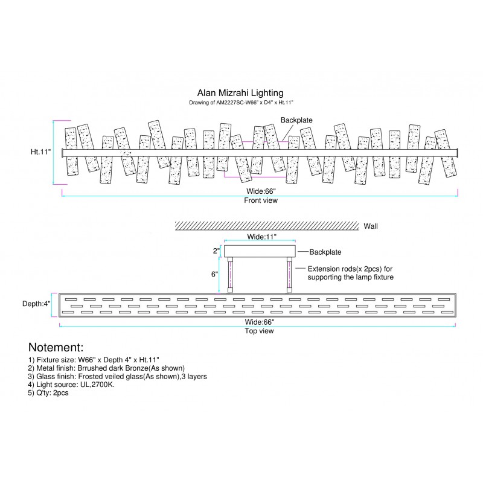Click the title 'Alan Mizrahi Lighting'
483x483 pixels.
pos(240,93)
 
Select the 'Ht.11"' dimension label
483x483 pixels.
pos(40,152)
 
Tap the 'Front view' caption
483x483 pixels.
pos(261,200)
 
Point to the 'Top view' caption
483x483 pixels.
pos(258,331)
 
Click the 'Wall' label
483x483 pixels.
pos(371,226)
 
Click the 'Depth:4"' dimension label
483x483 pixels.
pos(37,304)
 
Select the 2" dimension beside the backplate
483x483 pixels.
pos(216,251)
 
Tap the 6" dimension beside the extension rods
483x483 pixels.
pos(214,274)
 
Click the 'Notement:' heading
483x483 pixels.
pos(56,348)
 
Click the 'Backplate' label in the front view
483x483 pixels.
pos(296,120)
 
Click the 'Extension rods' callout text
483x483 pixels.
pos(350,272)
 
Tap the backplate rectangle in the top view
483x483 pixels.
pos(261,250)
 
